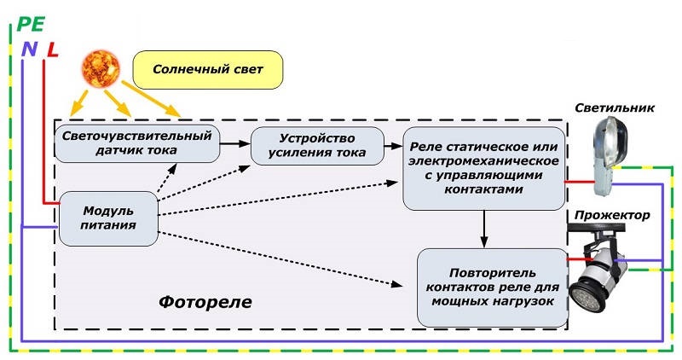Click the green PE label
26,25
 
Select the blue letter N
29,49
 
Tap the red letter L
52,49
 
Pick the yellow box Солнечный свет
208,67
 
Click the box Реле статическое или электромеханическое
484,168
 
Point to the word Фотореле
205,303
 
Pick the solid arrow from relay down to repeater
484,229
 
